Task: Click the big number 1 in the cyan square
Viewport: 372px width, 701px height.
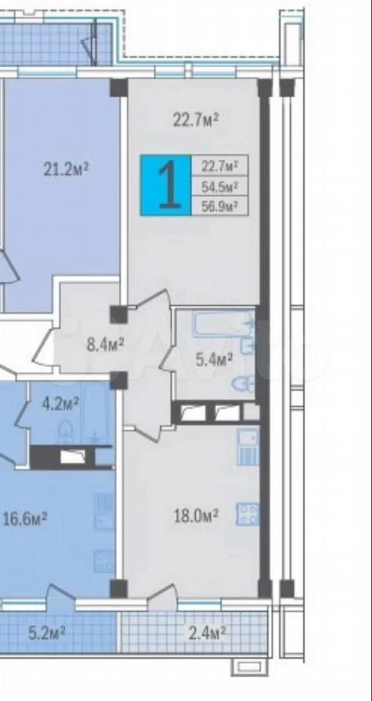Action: tap(170, 185)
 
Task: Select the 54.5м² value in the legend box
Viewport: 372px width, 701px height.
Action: tap(219, 186)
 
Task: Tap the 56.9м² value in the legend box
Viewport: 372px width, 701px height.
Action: tap(219, 206)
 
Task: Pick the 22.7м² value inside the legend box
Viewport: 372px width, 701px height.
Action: tap(219, 166)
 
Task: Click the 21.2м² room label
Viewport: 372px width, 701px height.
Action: tap(67, 169)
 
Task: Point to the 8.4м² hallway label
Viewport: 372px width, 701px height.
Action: tap(105, 344)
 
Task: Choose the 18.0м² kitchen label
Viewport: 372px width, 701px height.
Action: tap(196, 516)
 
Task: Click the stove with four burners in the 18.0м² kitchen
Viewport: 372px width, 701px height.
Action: tap(248, 515)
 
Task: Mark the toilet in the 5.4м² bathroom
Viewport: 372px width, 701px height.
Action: tap(244, 383)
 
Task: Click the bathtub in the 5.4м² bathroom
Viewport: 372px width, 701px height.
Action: tap(224, 324)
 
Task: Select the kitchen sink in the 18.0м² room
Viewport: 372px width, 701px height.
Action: tap(248, 446)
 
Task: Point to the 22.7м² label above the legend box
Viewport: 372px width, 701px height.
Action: tap(196, 119)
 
